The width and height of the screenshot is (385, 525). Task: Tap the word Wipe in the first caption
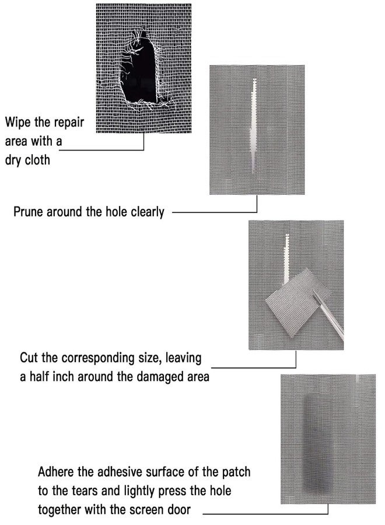coord(18,123)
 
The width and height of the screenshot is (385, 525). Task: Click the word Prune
coord(28,212)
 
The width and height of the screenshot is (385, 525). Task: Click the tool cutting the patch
coord(328,316)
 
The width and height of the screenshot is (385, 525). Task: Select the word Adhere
coord(56,472)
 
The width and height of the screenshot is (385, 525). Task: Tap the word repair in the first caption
coord(69,123)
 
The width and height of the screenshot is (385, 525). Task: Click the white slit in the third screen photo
coord(286,258)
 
